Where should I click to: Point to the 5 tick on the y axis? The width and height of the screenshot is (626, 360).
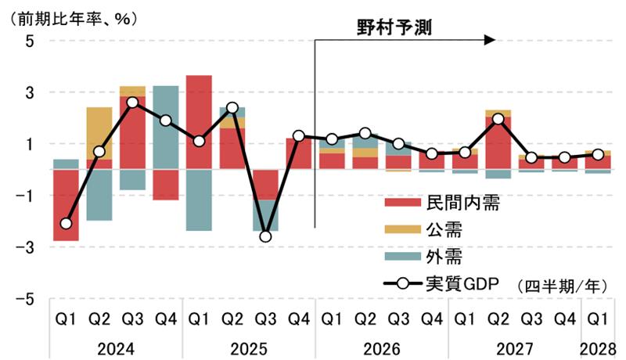pyautogui.click(x=30, y=41)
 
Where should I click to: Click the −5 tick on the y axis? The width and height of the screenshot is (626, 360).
pyautogui.click(x=26, y=298)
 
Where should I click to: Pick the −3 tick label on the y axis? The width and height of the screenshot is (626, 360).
pyautogui.click(x=26, y=247)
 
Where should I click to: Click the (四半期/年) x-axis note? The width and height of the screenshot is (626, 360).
pyautogui.click(x=561, y=286)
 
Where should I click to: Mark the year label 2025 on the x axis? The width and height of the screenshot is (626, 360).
pyautogui.click(x=249, y=347)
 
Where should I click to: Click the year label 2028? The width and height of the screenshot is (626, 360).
pyautogui.click(x=598, y=347)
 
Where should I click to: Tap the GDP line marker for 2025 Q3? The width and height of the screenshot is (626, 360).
pyautogui.click(x=266, y=236)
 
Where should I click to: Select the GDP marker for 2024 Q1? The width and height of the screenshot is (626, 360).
pyautogui.click(x=66, y=224)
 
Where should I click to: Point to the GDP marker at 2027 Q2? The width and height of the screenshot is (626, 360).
pyautogui.click(x=498, y=119)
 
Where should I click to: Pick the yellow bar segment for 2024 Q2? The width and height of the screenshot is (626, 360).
pyautogui.click(x=99, y=133)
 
